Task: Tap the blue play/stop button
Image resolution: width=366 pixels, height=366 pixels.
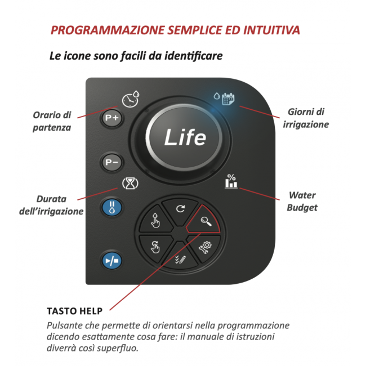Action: [x=111, y=261]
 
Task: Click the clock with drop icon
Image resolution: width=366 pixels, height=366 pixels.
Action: [x=130, y=99]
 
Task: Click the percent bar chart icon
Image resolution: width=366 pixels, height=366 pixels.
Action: [x=231, y=181]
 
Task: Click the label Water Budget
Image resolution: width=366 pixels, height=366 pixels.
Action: [x=302, y=202]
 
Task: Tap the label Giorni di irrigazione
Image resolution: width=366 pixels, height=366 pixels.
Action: [x=306, y=118]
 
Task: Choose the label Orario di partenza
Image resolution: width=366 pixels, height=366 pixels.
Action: [x=51, y=120]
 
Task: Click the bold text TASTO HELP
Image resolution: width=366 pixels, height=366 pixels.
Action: [x=74, y=311]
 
